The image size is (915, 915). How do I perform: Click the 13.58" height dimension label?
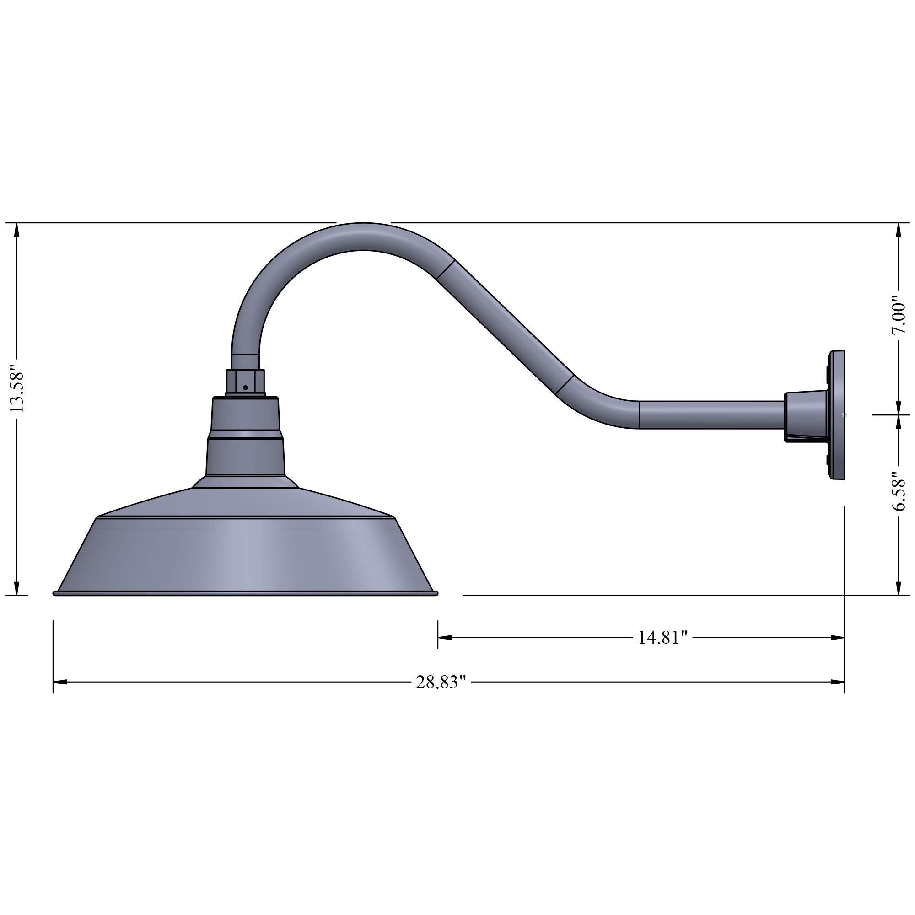tap(17, 389)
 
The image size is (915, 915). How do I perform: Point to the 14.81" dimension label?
tap(662, 637)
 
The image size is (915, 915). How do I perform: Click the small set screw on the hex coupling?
tap(245, 388)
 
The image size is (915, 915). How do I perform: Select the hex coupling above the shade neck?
tap(245, 382)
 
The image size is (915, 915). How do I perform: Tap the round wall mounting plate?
tap(837, 415)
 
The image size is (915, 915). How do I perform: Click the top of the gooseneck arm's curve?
tap(362, 237)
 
